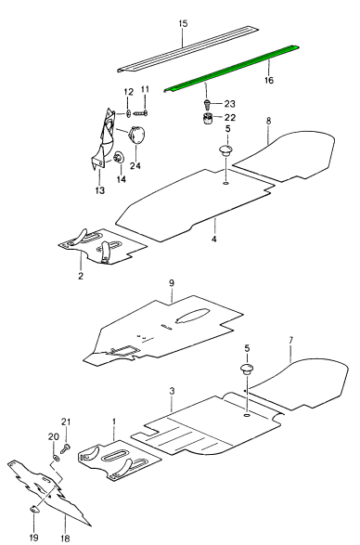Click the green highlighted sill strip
tap(231, 69)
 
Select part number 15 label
tap(183, 23)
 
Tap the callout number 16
tap(269, 80)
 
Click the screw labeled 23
tap(208, 104)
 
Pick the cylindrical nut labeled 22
tap(209, 119)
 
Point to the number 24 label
tap(135, 166)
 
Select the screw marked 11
tap(141, 112)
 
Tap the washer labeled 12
tap(128, 112)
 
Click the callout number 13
tap(99, 190)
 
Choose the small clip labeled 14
tap(119, 157)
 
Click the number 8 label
tap(268, 121)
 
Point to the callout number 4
tap(214, 240)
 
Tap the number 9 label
tap(172, 283)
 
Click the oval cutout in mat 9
tap(192, 316)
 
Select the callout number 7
tap(290, 340)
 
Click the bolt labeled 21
tap(66, 448)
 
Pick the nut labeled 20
tap(56, 458)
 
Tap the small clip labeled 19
tap(34, 509)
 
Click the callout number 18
tap(65, 539)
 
